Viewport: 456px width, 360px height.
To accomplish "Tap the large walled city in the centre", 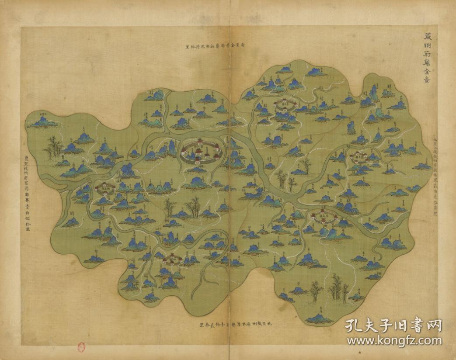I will (201, 151).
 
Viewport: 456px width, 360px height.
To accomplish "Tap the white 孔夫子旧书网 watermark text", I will (393, 326).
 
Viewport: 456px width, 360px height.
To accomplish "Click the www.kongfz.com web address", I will (393, 340).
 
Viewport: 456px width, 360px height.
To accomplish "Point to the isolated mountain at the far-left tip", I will (42, 121).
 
